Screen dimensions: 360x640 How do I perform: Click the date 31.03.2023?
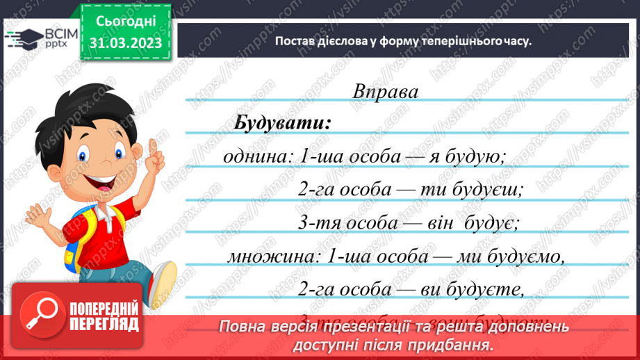pyautogui.click(x=126, y=43)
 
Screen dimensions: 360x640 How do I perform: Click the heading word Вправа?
pyautogui.click(x=386, y=92)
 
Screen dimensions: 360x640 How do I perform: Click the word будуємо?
pyautogui.click(x=531, y=256)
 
